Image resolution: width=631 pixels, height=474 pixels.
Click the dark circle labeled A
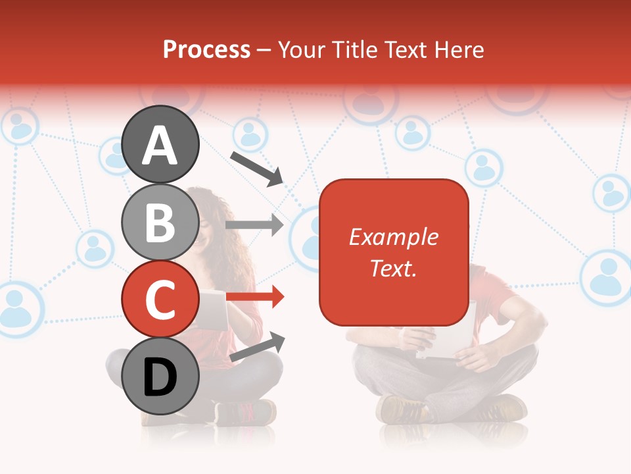(160, 144)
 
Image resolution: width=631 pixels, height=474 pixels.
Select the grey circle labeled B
(160, 222)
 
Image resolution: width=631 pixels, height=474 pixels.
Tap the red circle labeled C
(160, 299)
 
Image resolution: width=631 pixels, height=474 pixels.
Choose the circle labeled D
(160, 377)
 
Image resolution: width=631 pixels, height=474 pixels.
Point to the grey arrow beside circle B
(254, 225)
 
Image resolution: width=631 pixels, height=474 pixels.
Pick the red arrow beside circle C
(255, 297)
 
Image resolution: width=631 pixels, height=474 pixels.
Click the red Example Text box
(394, 252)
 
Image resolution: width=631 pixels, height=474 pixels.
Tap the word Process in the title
(206, 49)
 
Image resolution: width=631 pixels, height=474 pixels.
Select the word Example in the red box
(394, 237)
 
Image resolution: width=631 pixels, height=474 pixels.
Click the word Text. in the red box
(394, 268)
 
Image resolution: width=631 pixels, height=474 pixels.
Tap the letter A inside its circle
(160, 145)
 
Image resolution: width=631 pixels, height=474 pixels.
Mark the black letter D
(160, 378)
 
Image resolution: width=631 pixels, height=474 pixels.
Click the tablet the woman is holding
(212, 308)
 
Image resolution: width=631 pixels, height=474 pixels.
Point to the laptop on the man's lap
(447, 336)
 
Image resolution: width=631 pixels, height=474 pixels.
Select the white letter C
(160, 300)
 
